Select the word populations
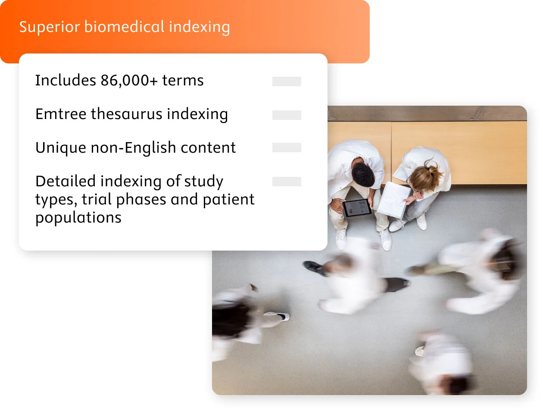(x=78, y=218)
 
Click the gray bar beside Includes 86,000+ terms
(x=287, y=82)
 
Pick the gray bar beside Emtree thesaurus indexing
(x=287, y=115)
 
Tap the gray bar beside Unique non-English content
(x=287, y=148)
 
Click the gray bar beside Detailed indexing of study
(x=287, y=182)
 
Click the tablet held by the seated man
(x=357, y=208)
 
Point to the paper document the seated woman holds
(x=393, y=199)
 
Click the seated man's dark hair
(x=363, y=175)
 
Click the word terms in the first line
(x=183, y=81)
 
